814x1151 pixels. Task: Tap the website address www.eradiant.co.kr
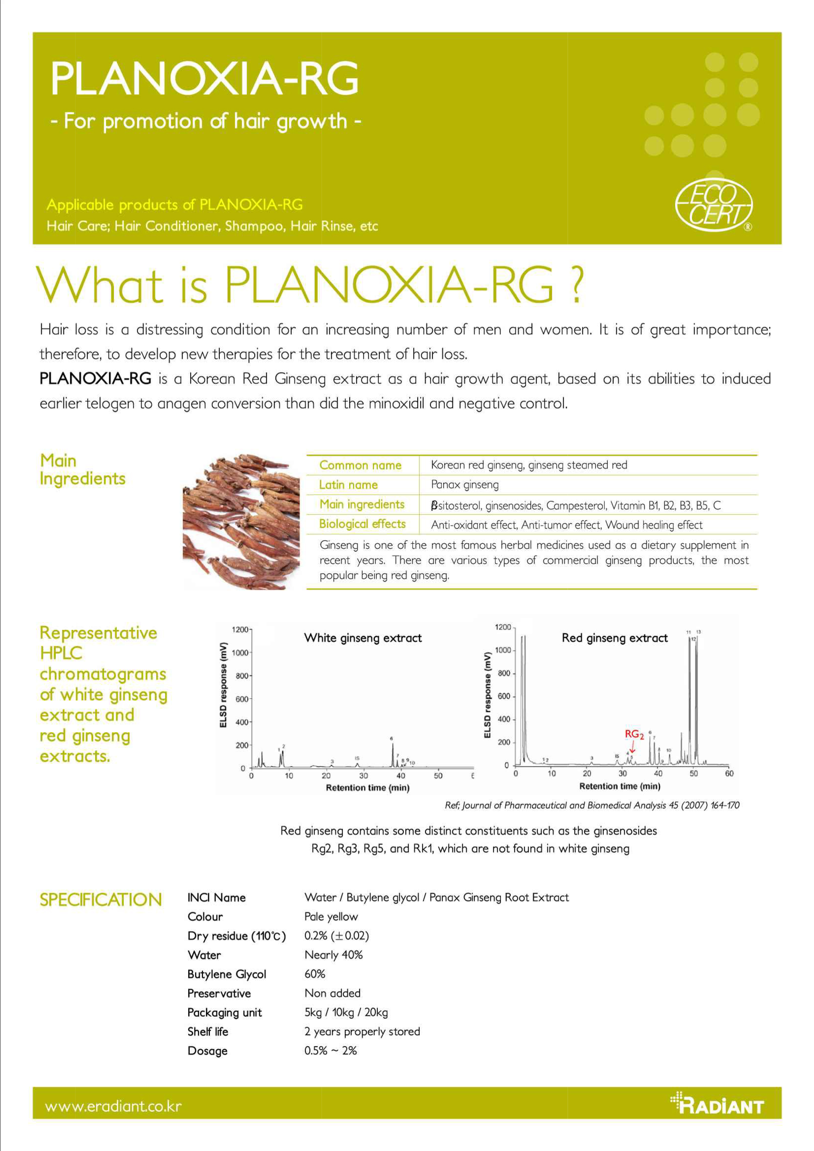point(113,1106)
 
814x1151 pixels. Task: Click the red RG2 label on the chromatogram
point(634,734)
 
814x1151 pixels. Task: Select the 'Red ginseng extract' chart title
point(615,638)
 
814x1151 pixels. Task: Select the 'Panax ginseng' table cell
point(464,485)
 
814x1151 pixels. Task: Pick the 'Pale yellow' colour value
point(331,916)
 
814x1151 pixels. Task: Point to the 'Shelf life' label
point(208,1031)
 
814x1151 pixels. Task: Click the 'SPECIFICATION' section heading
point(101,900)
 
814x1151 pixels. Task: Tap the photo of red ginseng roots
point(241,522)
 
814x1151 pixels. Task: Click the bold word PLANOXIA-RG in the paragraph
point(95,379)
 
